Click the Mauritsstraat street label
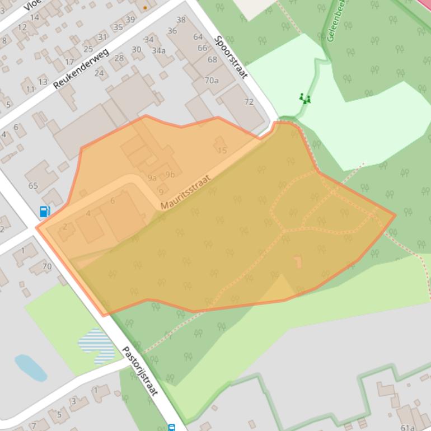[x=185, y=193]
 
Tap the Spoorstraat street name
[x=231, y=57]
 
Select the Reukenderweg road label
[x=81, y=69]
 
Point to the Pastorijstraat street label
[x=140, y=371]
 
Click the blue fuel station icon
[x=45, y=212]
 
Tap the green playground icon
[x=304, y=99]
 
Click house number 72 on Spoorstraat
[x=249, y=101]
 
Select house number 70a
[x=212, y=80]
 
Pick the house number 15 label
[x=222, y=150]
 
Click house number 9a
[x=152, y=178]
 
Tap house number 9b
[x=170, y=175]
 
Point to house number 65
[x=33, y=186]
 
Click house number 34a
[x=158, y=51]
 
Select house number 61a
[x=407, y=428]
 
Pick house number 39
[x=130, y=20]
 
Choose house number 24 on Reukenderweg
[x=99, y=73]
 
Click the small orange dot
[x=146, y=8]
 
